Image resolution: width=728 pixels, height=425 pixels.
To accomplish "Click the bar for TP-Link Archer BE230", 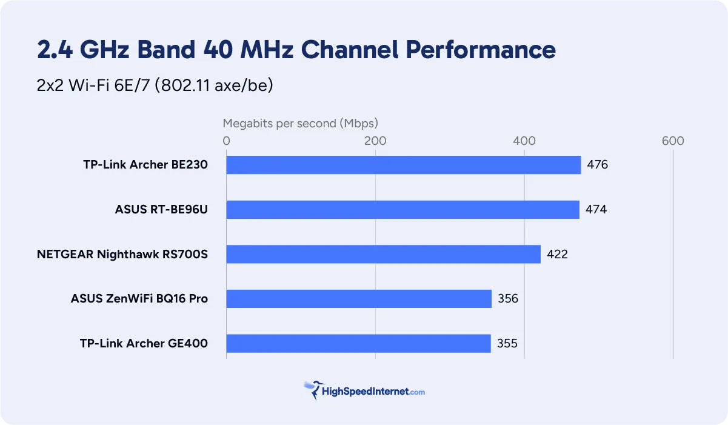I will point(403,165).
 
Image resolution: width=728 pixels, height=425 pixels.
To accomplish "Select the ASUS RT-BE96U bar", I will point(402,210).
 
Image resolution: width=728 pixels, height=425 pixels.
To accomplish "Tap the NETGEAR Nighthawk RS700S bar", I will point(383,254).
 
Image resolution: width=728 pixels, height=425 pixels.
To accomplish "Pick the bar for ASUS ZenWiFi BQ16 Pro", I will point(358,299).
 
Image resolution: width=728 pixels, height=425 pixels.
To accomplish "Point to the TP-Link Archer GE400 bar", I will point(358,344).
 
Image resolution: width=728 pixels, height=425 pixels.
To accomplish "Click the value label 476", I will point(597,165).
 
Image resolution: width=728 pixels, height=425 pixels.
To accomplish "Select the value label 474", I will point(596,210).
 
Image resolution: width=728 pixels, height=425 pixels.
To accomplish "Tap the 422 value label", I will point(557,254).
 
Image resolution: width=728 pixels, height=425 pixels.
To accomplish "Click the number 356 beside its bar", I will point(508,299).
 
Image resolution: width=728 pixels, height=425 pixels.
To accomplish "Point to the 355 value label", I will point(507,344).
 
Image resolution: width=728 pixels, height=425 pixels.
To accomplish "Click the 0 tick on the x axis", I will point(226,141).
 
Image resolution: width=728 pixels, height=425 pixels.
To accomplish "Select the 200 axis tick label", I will point(375,141).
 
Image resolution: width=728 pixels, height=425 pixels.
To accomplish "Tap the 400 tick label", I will point(524,141).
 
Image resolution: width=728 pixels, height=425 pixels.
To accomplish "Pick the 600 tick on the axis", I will point(673,141).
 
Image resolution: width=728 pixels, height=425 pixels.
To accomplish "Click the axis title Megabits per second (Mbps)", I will point(300,124).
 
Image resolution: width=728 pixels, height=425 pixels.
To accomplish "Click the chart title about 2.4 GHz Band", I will point(296,50).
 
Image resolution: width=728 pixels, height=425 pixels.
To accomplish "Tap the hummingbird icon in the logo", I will point(313,389).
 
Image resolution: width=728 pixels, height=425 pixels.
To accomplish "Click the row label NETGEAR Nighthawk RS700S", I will point(122,254).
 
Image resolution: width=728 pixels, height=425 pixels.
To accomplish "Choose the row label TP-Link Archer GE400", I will point(144,344).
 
